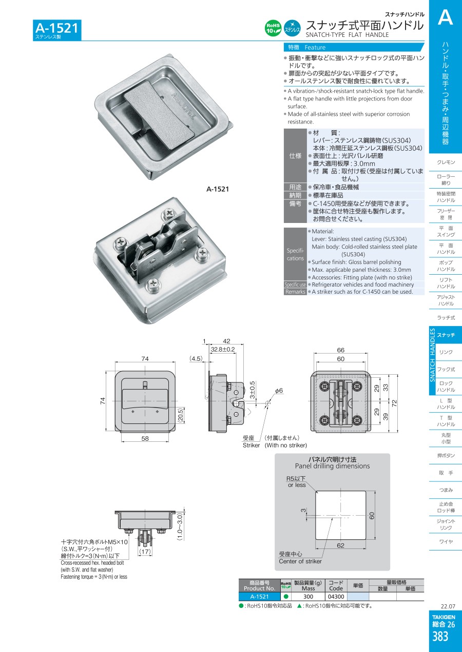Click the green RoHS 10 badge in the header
click(273, 28)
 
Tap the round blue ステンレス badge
click(292, 28)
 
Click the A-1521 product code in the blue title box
click(57, 28)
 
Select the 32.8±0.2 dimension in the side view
click(223, 349)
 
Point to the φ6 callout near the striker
click(279, 391)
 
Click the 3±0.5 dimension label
click(252, 390)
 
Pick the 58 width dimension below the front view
click(145, 438)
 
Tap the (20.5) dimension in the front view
click(180, 415)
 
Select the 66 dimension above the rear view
click(340, 350)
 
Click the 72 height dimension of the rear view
click(394, 403)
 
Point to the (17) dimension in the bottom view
click(145, 552)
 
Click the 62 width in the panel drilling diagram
click(340, 545)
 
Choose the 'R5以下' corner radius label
click(296, 479)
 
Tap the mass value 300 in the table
click(308, 597)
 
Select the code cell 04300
click(336, 597)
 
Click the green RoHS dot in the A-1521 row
click(285, 597)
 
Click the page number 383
click(440, 637)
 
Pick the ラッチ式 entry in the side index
click(446, 318)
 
